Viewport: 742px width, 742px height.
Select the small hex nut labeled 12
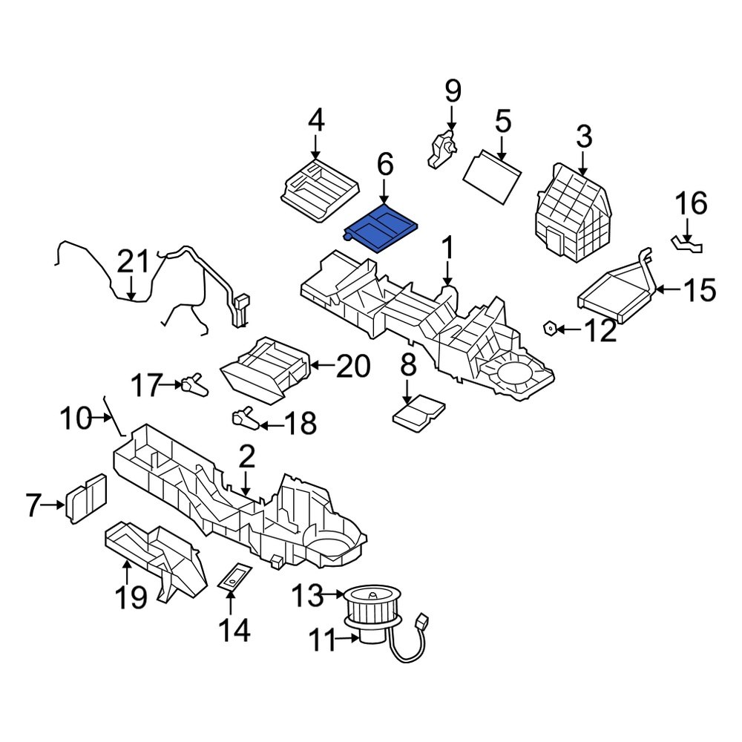point(551,326)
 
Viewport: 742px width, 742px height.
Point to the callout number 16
point(691,203)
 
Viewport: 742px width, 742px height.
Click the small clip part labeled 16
point(688,243)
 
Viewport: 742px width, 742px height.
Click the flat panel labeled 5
point(492,179)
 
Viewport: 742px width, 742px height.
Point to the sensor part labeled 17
point(195,384)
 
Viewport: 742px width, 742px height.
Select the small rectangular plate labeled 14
point(234,577)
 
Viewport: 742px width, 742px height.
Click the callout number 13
point(307,594)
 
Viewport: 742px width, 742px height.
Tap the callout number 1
point(447,247)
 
